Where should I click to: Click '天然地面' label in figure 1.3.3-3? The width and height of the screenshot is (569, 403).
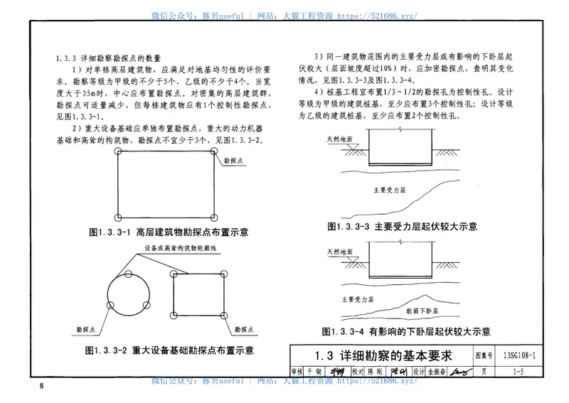tap(338, 139)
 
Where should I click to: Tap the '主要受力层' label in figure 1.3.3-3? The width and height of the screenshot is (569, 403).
tap(390, 190)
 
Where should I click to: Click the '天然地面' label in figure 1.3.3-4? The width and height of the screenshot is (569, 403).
tap(339, 251)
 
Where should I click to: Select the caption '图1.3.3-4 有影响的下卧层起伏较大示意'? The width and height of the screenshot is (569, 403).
tap(406, 331)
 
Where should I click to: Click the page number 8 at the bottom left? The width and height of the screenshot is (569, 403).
tap(42, 386)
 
